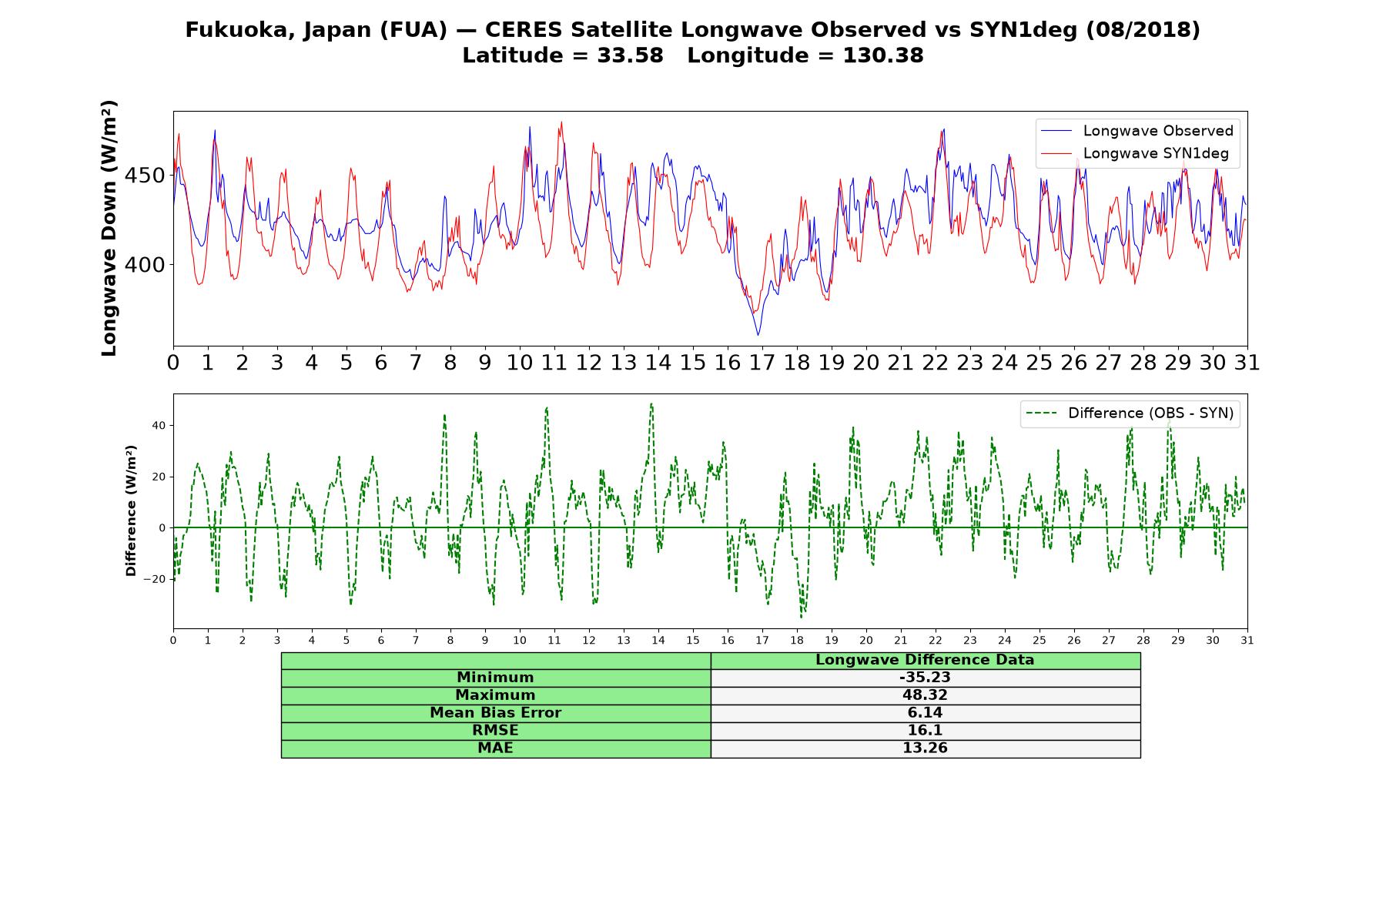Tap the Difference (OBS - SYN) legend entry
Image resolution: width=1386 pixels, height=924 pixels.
[x=1130, y=413]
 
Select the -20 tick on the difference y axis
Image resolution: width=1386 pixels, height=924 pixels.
[x=156, y=579]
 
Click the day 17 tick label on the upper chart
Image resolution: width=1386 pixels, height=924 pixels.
[x=762, y=363]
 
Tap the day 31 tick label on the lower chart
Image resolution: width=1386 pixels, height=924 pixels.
[x=1247, y=640]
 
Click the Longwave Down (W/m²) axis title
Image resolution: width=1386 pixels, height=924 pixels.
[x=109, y=228]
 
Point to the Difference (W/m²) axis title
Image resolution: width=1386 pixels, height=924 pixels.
[x=131, y=511]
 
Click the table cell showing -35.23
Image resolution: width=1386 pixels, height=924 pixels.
[x=925, y=678]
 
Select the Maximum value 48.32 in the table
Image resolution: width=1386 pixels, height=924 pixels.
[x=925, y=695]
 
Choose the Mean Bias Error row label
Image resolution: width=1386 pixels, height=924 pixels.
[x=495, y=713]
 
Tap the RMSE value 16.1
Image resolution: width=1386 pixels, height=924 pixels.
[x=925, y=731]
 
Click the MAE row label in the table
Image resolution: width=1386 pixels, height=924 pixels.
[x=495, y=748]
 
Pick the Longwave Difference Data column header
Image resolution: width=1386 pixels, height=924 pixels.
[x=925, y=660]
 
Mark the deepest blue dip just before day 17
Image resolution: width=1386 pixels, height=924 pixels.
[x=758, y=335]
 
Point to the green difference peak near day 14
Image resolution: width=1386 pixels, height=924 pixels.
[x=651, y=403]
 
